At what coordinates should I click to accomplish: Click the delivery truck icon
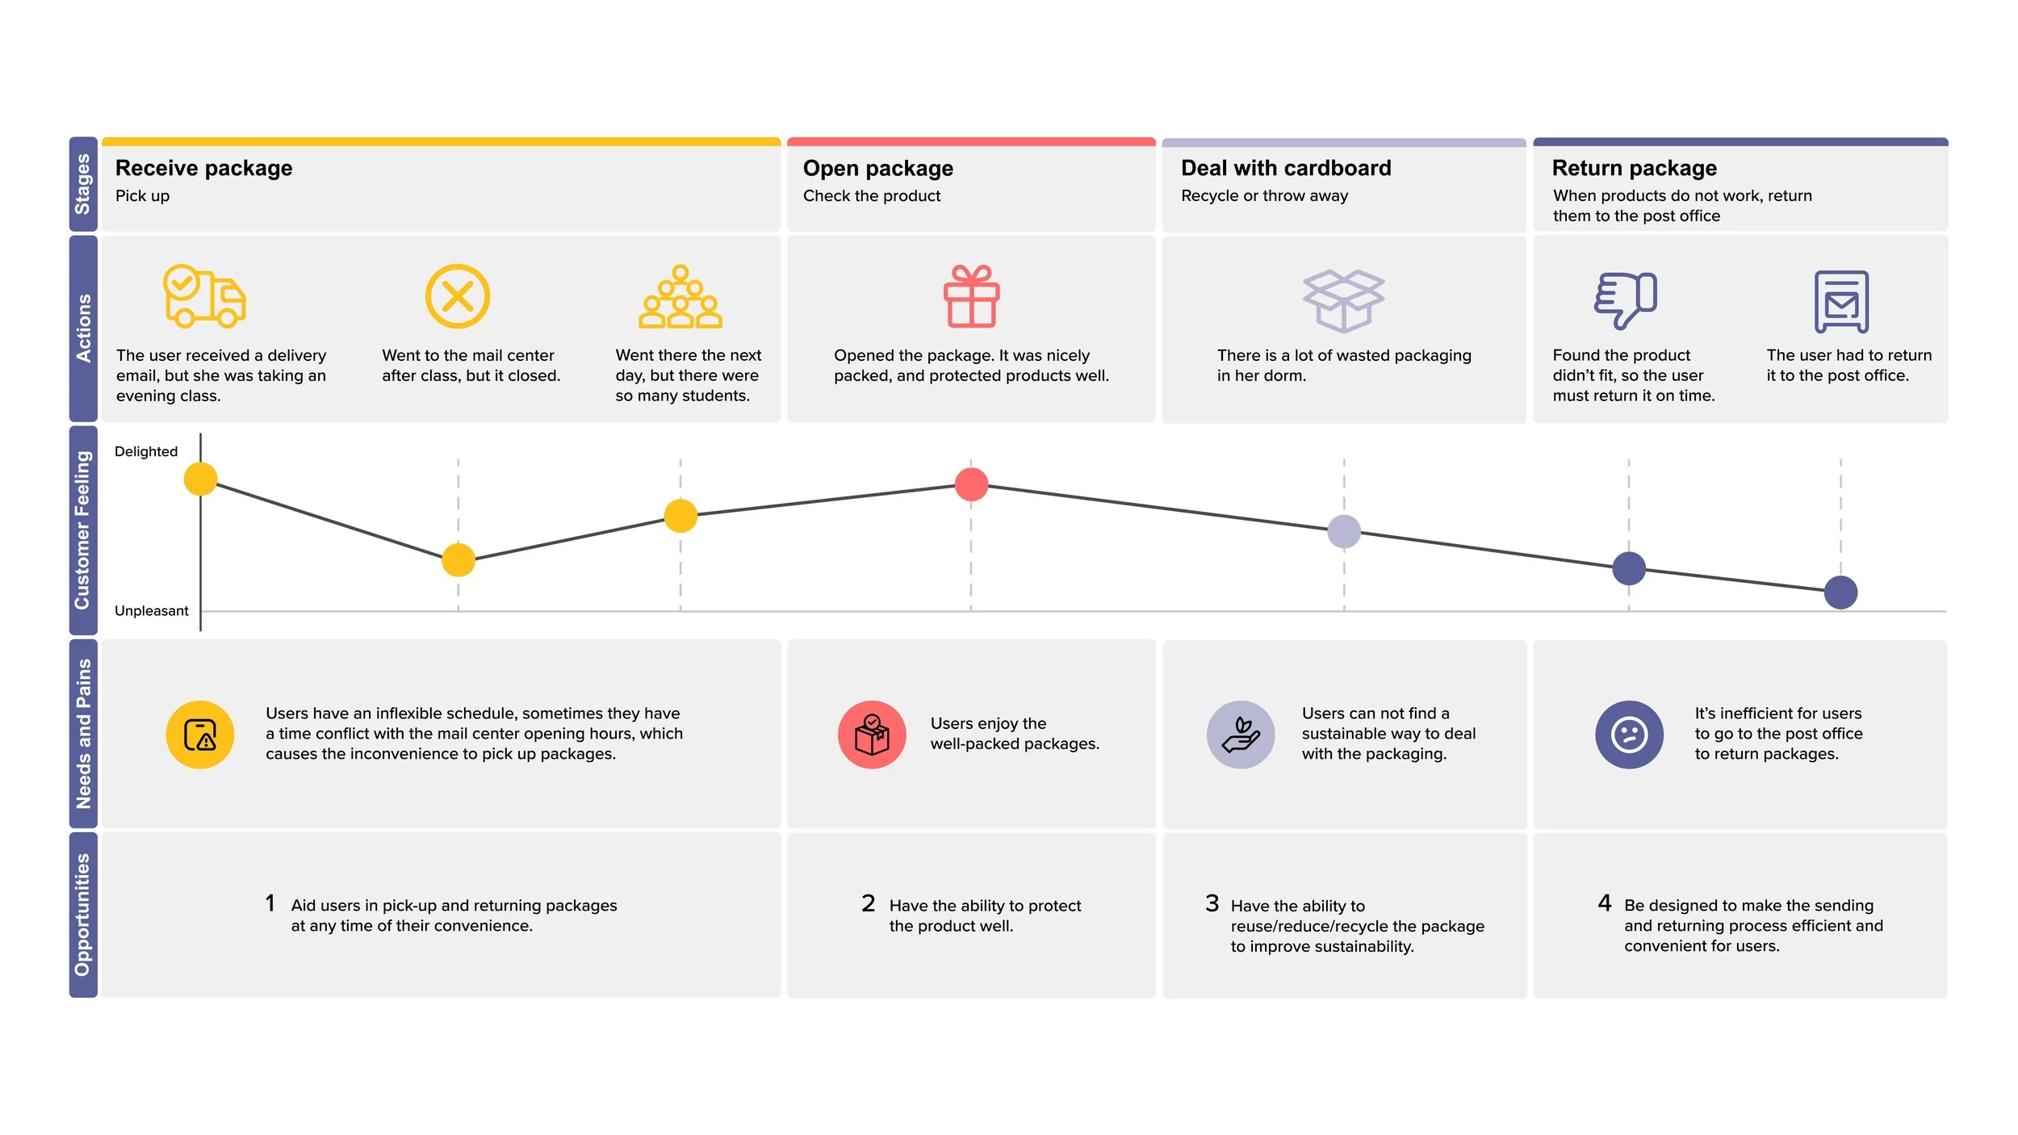[204, 296]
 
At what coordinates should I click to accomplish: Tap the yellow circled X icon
[458, 296]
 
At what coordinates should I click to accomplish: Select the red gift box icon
[971, 296]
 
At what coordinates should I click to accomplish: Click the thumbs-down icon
[1625, 299]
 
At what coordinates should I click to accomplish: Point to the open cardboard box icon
[1343, 300]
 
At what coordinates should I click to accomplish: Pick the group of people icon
[680, 297]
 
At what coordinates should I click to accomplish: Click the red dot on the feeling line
[971, 484]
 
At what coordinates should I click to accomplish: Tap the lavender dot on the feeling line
[1344, 531]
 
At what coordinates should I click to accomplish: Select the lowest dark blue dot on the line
[1840, 593]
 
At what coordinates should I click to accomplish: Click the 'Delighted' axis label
[146, 451]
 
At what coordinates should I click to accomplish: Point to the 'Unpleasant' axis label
[151, 611]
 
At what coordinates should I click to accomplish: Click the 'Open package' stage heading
[877, 168]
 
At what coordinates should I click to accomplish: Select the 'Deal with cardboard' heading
[1286, 168]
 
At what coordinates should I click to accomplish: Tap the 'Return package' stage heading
[1634, 168]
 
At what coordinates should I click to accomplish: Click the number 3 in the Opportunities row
[1212, 903]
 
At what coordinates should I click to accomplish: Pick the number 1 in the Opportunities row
[270, 903]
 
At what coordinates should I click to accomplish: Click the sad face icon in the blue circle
[1629, 735]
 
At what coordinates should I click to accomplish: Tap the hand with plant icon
[1241, 735]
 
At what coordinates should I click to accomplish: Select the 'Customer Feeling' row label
[83, 530]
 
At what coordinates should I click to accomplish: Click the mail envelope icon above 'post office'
[1841, 302]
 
